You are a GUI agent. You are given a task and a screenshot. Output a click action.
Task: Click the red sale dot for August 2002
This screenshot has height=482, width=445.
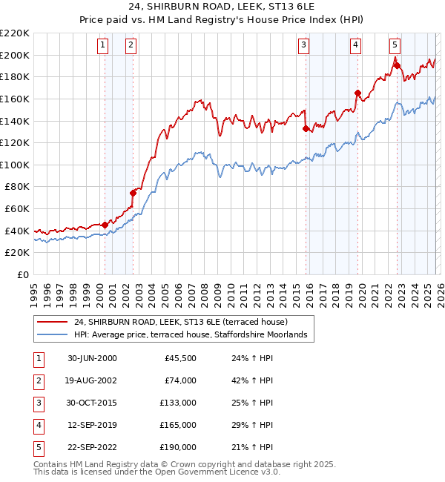[x=133, y=193]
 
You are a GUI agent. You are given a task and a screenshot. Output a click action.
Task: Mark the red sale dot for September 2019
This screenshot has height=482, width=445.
[x=357, y=93]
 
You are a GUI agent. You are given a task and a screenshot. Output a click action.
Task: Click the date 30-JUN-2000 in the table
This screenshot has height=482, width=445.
[x=92, y=358]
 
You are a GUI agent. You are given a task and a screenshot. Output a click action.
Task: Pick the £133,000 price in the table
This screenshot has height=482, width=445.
[x=178, y=403]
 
